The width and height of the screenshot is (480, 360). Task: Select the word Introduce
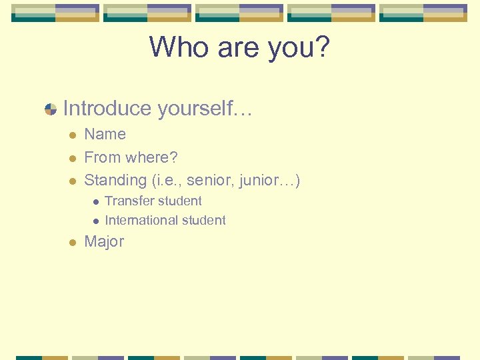pos(106,108)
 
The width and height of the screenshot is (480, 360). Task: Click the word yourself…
pos(203,109)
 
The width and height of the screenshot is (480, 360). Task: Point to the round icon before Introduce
pos(50,109)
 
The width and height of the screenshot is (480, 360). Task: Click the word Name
pos(105,134)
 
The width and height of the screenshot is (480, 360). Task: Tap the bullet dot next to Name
pos(71,135)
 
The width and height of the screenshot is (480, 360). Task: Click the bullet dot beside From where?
pos(71,158)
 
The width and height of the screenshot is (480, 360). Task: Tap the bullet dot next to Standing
pos(71,181)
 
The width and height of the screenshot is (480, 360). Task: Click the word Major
pos(104,241)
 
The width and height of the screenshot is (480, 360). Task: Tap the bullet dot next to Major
pos(71,242)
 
